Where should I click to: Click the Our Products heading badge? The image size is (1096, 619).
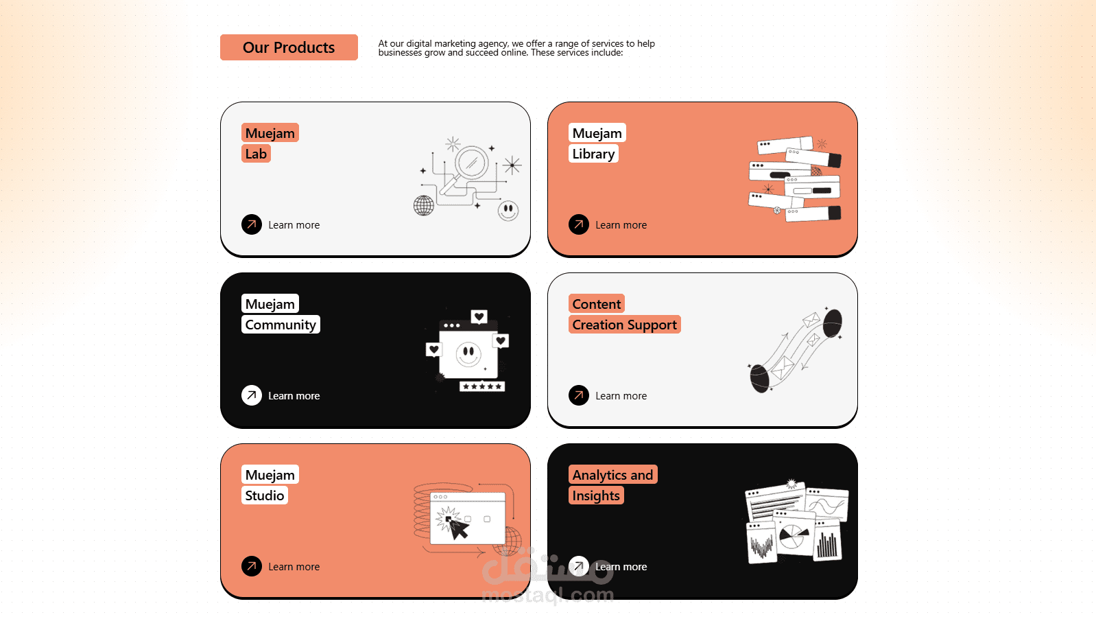[289, 47]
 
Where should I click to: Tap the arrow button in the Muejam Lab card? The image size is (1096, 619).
[252, 224]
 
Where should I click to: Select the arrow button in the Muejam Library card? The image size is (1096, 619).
[579, 224]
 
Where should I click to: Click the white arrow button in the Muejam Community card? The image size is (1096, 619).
[252, 395]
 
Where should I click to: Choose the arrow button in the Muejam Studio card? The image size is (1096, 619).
[252, 566]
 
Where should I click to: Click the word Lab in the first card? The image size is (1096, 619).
[256, 154]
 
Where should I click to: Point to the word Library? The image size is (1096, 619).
[593, 154]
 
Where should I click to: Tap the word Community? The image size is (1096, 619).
[281, 325]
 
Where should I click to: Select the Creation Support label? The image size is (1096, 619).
[625, 325]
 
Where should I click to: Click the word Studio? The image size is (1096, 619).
[265, 495]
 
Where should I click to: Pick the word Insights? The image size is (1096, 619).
[596, 495]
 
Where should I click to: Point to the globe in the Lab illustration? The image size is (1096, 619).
[424, 206]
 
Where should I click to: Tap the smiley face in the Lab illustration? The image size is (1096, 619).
[508, 211]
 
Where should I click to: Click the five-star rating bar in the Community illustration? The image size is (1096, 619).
[482, 386]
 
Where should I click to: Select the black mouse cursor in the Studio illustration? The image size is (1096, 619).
[458, 528]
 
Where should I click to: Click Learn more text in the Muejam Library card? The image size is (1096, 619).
[621, 225]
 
